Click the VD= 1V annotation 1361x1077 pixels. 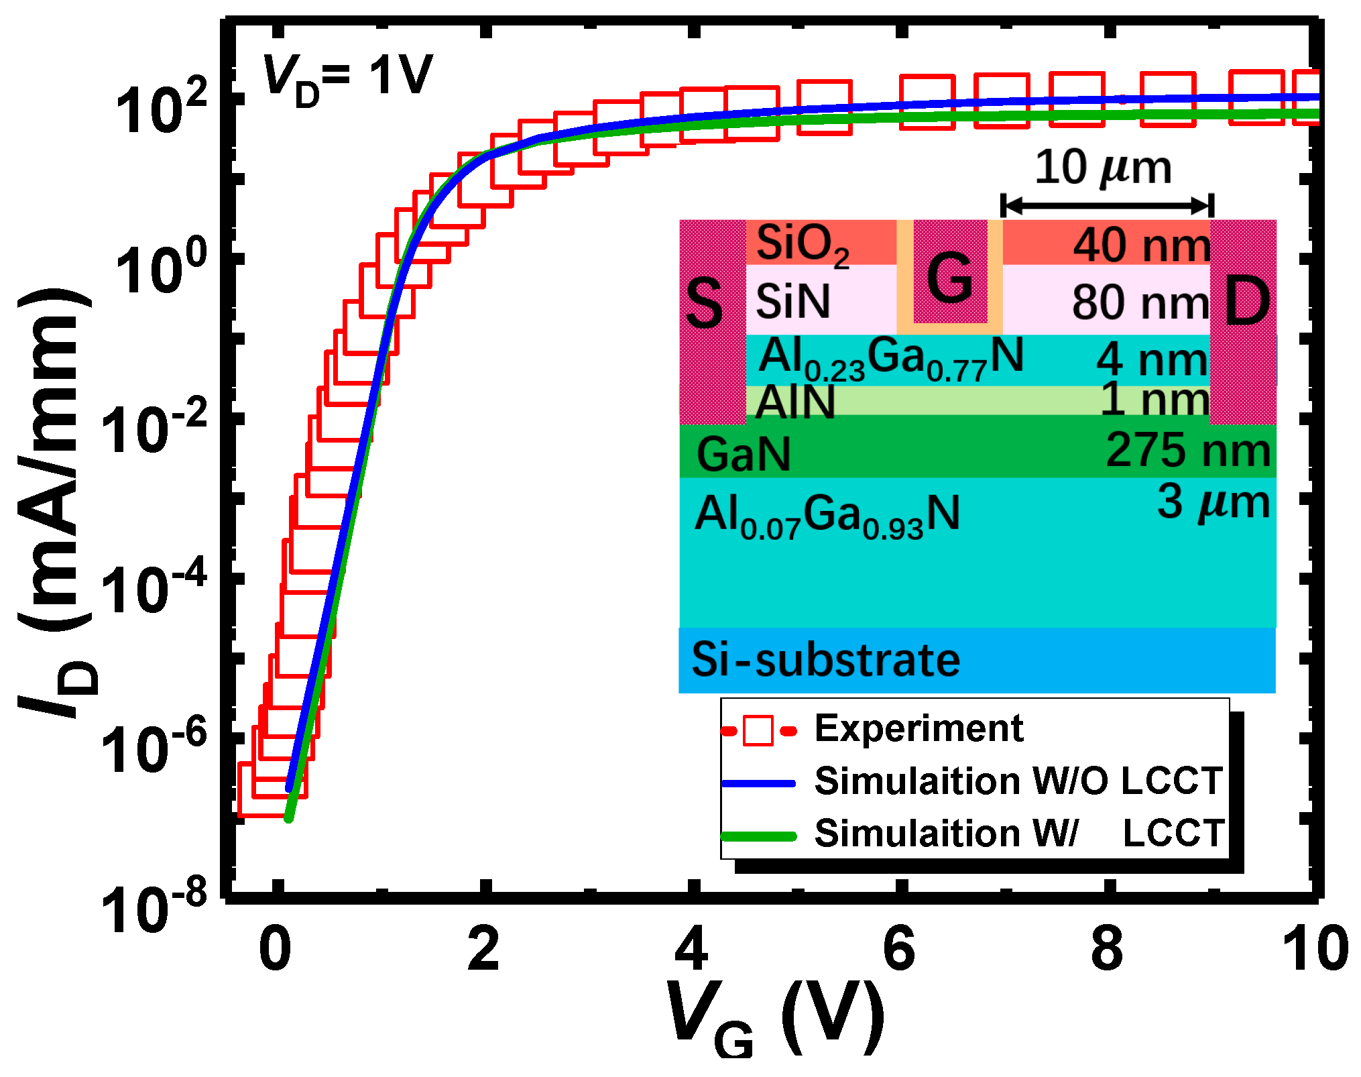click(x=347, y=77)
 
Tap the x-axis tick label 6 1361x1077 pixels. click(x=899, y=949)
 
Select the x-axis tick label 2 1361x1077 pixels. click(x=483, y=949)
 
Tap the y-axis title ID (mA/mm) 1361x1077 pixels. click(x=57, y=503)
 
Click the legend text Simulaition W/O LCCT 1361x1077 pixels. click(x=1018, y=781)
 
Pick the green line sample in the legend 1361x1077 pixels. click(x=758, y=836)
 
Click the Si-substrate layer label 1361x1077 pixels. click(x=825, y=660)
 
